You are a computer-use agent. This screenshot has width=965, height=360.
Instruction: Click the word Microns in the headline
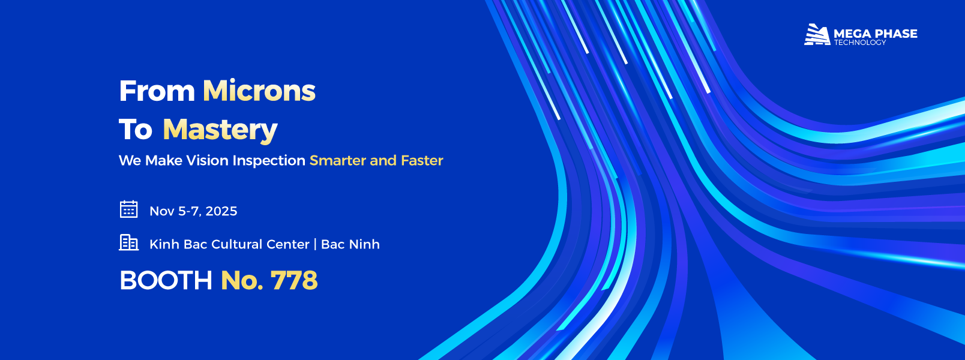click(x=259, y=91)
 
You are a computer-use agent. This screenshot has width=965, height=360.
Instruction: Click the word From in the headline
click(x=157, y=91)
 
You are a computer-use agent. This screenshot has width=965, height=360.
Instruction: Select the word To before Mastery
click(x=136, y=130)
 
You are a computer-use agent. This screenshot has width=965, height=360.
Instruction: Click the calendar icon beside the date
click(x=129, y=209)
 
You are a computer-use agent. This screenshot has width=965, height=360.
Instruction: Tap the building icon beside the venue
click(x=129, y=242)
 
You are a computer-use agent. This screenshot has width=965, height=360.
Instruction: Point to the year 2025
click(x=221, y=211)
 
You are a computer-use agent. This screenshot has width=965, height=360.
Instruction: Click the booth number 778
click(x=294, y=280)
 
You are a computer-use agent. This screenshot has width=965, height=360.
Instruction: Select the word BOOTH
click(x=166, y=280)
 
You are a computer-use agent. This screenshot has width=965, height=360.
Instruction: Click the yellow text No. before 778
click(x=242, y=280)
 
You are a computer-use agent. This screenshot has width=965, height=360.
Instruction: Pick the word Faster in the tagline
click(x=422, y=161)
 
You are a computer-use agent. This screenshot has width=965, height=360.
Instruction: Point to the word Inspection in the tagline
click(x=269, y=161)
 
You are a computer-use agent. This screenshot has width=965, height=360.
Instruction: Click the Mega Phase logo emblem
click(x=817, y=34)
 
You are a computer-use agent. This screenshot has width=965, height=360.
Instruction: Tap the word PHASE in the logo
click(x=895, y=34)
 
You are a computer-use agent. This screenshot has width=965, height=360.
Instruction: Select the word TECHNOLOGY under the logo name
click(x=860, y=42)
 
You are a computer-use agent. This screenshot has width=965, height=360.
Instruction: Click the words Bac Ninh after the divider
click(x=350, y=244)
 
